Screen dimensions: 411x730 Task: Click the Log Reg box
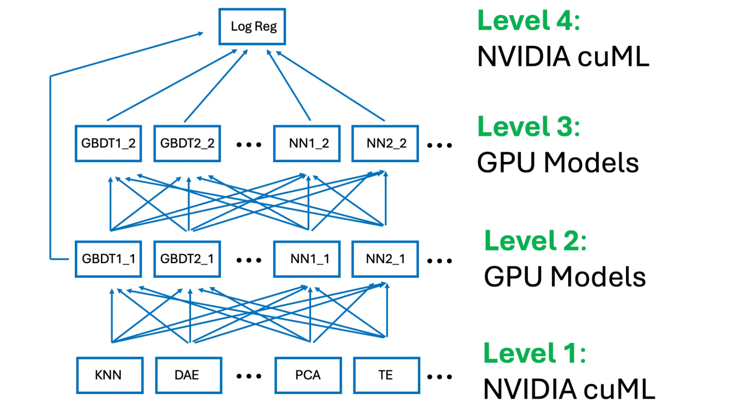(252, 27)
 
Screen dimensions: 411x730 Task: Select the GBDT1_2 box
(108, 144)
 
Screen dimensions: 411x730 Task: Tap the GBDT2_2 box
(187, 144)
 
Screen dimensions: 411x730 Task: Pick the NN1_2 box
(307, 144)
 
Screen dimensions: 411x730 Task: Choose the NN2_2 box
(385, 144)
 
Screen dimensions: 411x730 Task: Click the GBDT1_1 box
(108, 259)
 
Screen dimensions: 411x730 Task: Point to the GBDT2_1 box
(187, 259)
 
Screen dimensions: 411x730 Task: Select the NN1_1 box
(307, 259)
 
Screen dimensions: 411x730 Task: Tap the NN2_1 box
(385, 259)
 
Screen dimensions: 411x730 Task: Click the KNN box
(110, 375)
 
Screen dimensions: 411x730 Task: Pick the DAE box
(188, 375)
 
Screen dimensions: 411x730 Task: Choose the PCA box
(308, 375)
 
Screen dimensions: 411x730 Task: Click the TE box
(386, 375)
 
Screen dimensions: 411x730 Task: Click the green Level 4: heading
(528, 21)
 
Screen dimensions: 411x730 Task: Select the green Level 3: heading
(528, 127)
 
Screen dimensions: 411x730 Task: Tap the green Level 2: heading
(535, 241)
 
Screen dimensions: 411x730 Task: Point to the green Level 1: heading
(535, 354)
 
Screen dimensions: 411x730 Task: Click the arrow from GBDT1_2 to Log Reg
(172, 85)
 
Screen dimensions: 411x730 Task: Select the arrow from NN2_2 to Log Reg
(330, 86)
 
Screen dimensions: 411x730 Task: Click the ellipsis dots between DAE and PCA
(249, 376)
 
